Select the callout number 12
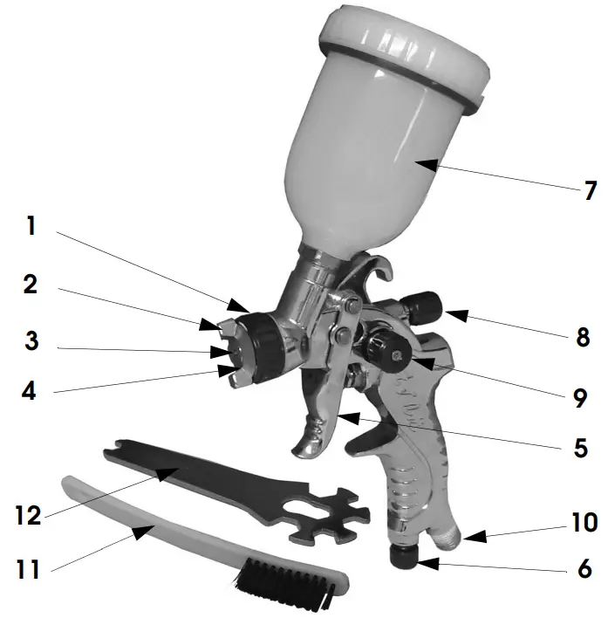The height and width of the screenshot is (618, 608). [30, 514]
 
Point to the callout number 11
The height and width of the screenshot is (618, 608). [27, 571]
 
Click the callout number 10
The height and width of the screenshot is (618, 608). [584, 523]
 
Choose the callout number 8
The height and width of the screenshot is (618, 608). [583, 337]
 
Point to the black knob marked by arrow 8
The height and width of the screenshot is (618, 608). [424, 306]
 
